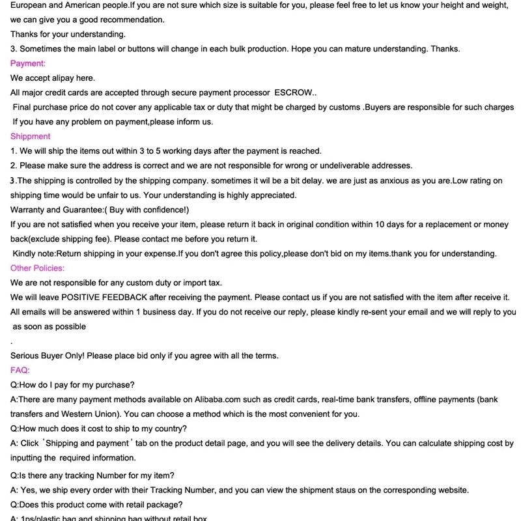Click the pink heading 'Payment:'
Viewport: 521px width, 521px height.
[28, 63]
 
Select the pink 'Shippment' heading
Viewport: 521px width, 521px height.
[30, 136]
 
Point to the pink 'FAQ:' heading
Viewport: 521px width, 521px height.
[21, 370]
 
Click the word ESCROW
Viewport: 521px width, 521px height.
[295, 92]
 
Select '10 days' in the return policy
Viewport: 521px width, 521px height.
[380, 224]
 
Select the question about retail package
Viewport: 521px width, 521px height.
[96, 505]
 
